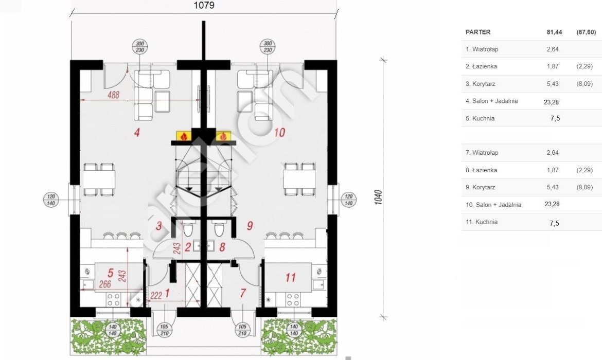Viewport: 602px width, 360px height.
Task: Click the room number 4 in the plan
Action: coord(136,133)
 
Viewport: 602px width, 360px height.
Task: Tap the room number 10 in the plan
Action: coord(279,133)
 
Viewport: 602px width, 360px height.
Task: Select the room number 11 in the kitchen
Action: coord(290,278)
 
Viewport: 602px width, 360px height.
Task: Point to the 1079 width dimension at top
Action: coord(204,5)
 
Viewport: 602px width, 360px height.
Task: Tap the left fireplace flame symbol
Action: coord(182,136)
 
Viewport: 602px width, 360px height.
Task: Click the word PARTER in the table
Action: coord(478,32)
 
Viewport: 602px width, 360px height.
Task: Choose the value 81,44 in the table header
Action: coord(554,32)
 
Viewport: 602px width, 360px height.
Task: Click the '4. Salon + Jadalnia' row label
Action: coord(491,101)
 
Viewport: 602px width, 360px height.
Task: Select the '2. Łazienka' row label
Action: coord(481,66)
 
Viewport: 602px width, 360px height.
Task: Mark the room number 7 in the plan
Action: coord(243,294)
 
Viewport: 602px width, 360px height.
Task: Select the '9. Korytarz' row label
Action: coord(480,187)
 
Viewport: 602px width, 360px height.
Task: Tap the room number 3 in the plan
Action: coord(159,225)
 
